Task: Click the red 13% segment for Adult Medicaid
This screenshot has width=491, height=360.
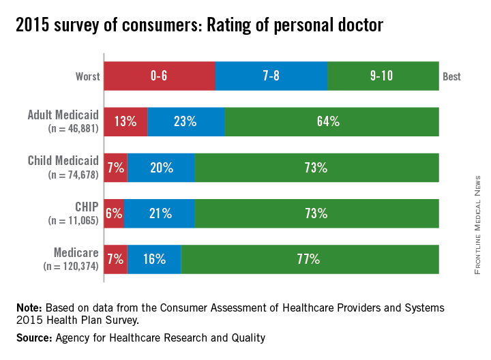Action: pos(125,121)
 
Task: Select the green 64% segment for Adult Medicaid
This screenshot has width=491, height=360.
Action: pos(332,121)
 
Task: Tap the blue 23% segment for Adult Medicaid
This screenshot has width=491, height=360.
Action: pos(186,121)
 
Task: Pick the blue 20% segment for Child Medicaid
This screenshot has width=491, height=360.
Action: pos(161,168)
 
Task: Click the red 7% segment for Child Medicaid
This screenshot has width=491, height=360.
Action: pos(115,168)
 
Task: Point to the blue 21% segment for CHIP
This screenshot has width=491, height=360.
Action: pos(160,213)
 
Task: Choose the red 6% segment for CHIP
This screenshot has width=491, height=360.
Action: pos(114,213)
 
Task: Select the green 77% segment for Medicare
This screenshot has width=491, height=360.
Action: pos(310,259)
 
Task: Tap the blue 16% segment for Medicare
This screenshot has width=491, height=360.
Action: pos(154,259)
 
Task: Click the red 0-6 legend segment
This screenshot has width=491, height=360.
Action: pos(159,76)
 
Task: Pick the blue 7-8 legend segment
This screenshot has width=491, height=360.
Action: pos(271,76)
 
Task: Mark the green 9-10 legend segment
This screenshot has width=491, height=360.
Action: pos(383,76)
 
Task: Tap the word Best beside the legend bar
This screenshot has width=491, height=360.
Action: pos(451,76)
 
